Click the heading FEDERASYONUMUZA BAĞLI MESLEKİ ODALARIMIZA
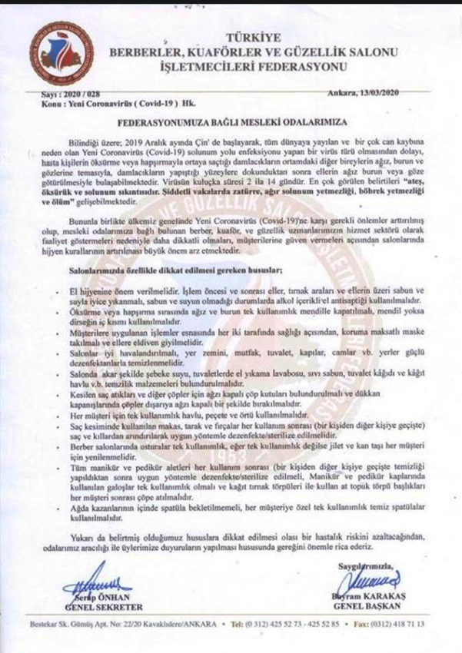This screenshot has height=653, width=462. (x=231, y=122)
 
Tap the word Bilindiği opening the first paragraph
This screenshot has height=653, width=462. (x=90, y=144)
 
